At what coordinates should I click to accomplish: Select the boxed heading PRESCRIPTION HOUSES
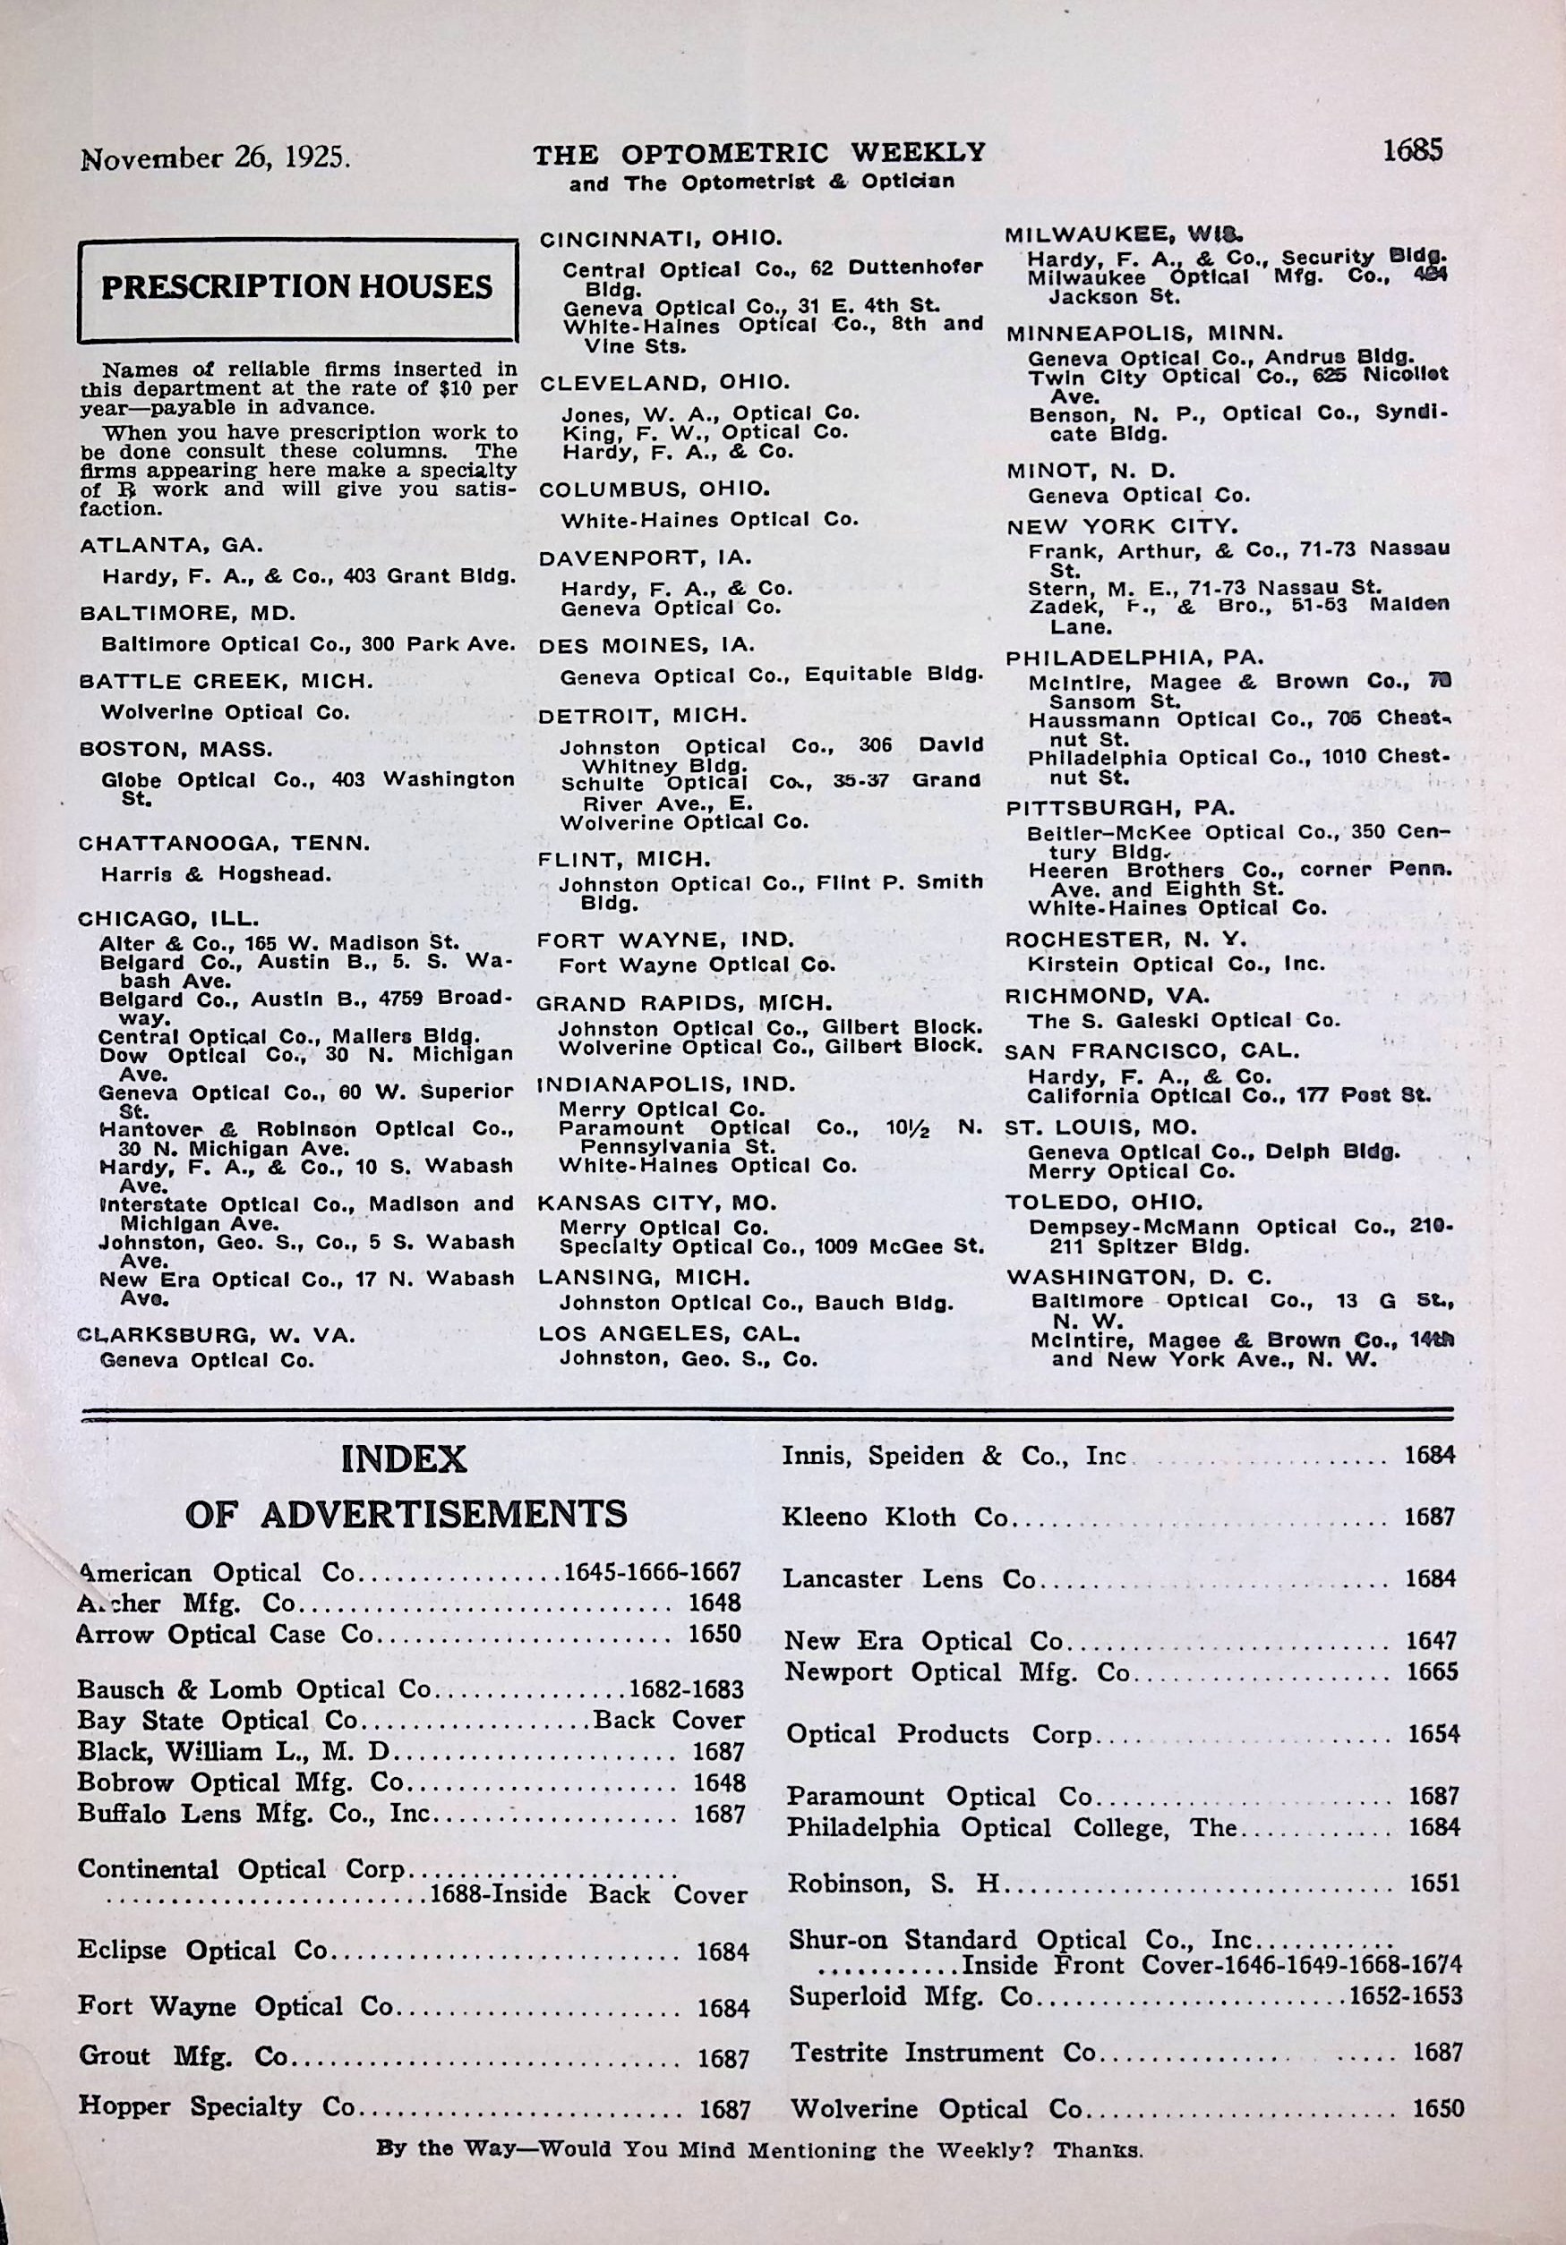[x=297, y=286]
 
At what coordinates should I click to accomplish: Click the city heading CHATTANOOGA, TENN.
[x=223, y=843]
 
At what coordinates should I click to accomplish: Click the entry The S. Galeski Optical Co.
[x=1183, y=1020]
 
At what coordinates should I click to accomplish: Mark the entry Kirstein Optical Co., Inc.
[x=1176, y=964]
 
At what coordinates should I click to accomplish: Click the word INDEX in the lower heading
[x=403, y=1460]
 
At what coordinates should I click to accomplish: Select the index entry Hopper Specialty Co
[x=215, y=2106]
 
